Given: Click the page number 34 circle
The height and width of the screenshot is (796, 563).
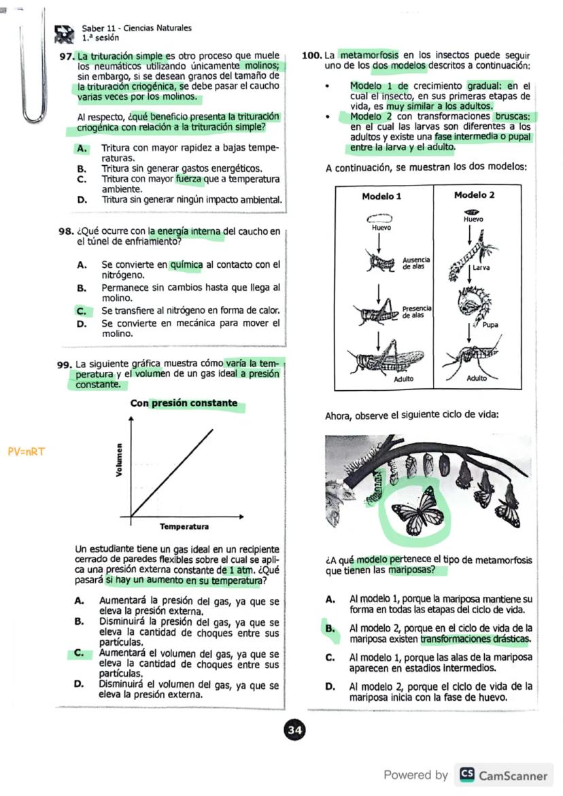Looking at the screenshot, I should point(295,731).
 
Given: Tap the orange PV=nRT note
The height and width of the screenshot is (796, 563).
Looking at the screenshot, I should point(27,451).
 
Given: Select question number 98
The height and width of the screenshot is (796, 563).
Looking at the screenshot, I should point(66,232).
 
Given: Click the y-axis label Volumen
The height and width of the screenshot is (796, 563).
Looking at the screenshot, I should point(120,460).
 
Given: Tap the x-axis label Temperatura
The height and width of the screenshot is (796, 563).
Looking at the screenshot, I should point(184,527).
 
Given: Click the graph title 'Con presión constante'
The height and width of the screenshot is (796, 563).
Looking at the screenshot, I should point(184,403).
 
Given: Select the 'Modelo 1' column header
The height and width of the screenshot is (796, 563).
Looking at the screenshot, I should point(381,196).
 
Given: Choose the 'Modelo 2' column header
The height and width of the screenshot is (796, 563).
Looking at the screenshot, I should point(474,195).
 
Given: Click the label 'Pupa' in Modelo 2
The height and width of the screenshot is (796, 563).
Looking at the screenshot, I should point(490,324).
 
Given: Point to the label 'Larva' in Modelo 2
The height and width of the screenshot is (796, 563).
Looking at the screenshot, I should point(482,268).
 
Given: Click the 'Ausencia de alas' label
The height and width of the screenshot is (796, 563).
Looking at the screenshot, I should point(416,264).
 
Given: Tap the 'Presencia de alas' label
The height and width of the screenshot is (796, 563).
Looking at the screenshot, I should point(416,312).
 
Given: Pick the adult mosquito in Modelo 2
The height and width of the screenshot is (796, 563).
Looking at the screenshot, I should point(471,357).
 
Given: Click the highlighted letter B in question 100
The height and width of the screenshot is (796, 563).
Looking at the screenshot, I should point(330,629).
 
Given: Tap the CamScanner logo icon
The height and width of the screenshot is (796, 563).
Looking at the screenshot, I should point(467,775).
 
